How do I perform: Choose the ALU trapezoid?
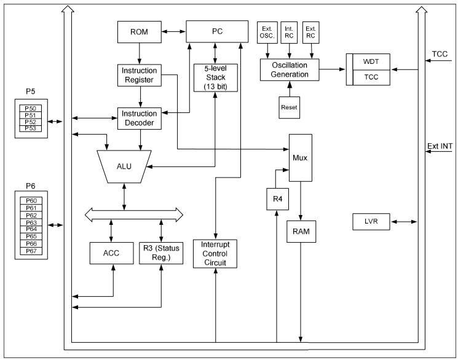coord(125,166)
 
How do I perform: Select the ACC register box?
coord(111,252)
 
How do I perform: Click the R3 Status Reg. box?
coord(160,252)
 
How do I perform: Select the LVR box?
coord(371,221)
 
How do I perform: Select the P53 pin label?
coord(30,128)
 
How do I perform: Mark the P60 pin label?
coord(30,200)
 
